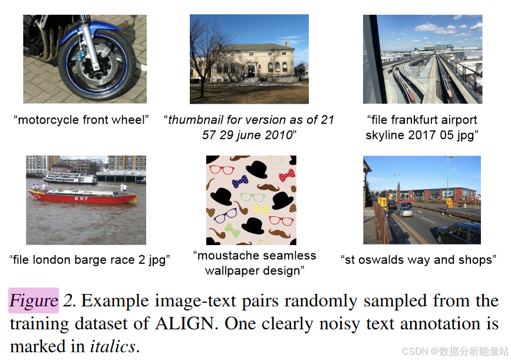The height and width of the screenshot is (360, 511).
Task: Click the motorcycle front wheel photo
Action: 84,59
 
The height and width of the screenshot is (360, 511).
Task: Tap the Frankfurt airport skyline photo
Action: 422,59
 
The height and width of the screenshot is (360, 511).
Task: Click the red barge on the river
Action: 83,196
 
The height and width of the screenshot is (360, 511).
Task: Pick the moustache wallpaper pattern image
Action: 251,200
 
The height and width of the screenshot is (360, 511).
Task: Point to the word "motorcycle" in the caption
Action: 48,120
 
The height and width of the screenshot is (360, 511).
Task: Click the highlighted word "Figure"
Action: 34,301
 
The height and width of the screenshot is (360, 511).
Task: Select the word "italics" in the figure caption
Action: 113,346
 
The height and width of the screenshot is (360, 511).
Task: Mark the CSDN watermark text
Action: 454,351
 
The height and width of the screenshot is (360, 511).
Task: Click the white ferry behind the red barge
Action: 70,178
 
